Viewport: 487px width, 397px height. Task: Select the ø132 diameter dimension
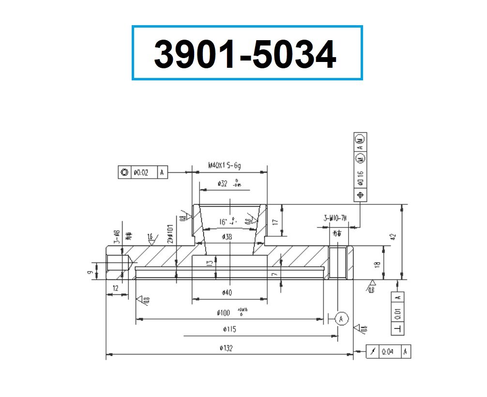tap(226, 348)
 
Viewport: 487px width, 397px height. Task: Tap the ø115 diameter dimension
tap(226, 329)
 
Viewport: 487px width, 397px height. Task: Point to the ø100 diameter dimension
tap(226, 313)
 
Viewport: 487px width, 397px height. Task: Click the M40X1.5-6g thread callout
tap(225, 166)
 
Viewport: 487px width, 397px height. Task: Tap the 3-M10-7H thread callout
tap(335, 218)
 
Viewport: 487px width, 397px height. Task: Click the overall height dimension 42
tap(393, 237)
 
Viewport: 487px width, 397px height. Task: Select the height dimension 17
tap(275, 222)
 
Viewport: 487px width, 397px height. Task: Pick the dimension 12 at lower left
tap(116, 288)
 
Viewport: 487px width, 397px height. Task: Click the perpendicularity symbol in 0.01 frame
tap(397, 329)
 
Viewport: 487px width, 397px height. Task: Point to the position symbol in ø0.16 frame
tap(360, 195)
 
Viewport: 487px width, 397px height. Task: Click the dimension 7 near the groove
tap(274, 275)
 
